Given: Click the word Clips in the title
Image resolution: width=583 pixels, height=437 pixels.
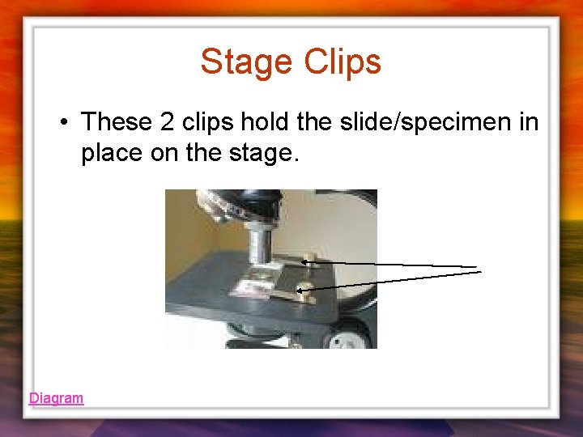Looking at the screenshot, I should click(343, 62).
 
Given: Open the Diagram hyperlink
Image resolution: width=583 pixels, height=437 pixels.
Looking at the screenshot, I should click(56, 398).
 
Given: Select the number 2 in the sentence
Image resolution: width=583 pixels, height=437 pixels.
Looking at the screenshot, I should click(167, 122).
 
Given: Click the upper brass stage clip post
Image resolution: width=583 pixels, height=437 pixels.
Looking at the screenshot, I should click(309, 261).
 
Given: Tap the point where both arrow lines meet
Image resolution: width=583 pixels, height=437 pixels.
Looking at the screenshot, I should click(479, 269).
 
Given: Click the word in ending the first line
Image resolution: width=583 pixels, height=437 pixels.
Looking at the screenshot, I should click(529, 122).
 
